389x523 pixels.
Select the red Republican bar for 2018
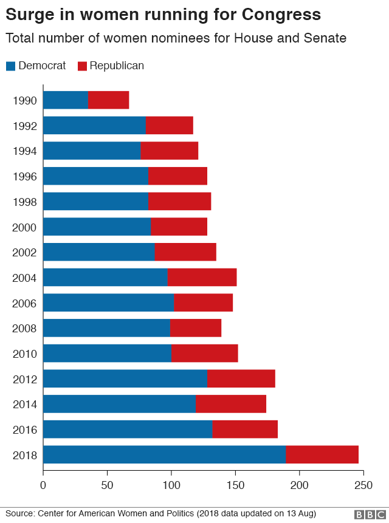[322, 454]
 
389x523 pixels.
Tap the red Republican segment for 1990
[109, 100]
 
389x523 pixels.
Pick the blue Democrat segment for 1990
[66, 100]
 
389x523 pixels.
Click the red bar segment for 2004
[202, 278]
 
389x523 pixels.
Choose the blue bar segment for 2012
[125, 378]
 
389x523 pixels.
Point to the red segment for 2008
[195, 328]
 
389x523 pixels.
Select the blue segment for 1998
[95, 202]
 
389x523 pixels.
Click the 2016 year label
[25, 429]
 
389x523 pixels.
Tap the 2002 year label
[25, 252]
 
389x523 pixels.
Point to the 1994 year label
[25, 151]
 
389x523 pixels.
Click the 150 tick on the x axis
[235, 485]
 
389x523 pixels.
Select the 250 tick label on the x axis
[363, 485]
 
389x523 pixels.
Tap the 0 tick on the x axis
[43, 485]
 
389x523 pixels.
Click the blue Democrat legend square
[10, 66]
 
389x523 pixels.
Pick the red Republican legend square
[83, 66]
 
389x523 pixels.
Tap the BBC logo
[367, 514]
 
